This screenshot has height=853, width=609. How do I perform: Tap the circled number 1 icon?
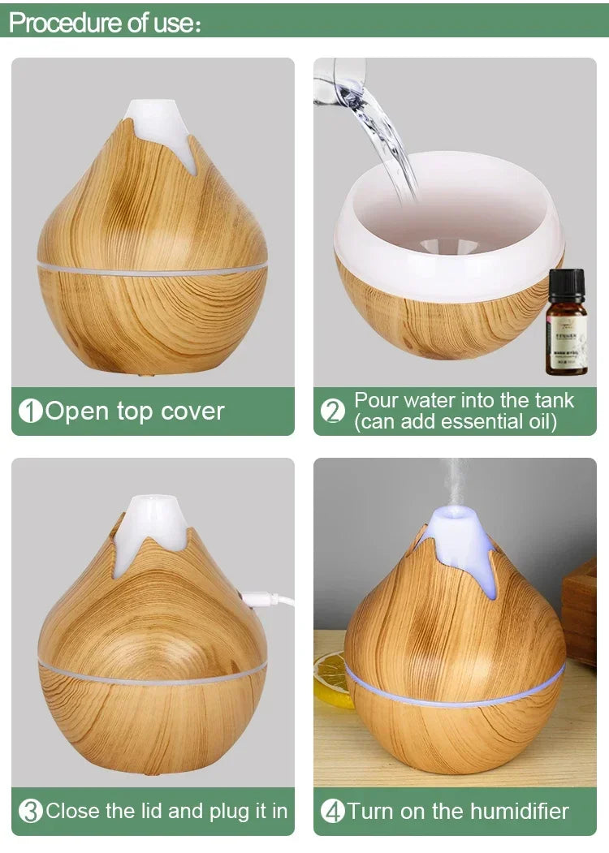coord(30,411)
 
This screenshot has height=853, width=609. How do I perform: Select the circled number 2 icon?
coord(333,411)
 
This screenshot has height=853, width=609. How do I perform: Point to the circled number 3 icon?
coord(30,811)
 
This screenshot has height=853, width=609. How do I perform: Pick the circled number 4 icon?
coord(333,811)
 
